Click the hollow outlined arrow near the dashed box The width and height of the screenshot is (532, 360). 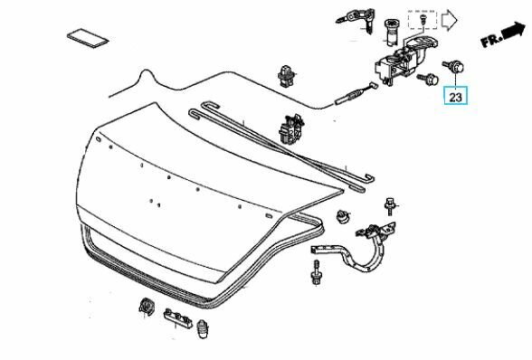click(x=451, y=19)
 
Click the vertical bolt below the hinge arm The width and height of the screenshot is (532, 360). click(x=318, y=272)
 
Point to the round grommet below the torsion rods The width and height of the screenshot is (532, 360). click(x=343, y=217)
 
